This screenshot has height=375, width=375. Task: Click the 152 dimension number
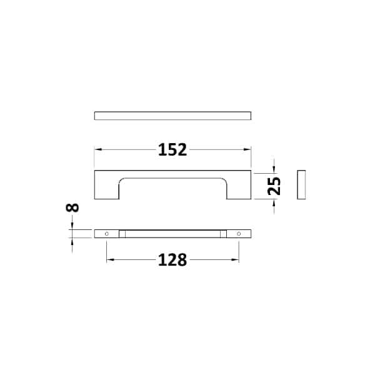[172, 150]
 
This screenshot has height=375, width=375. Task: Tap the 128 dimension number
[172, 260]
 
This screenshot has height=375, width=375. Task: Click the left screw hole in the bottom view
[107, 234]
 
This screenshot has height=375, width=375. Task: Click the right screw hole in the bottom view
[239, 234]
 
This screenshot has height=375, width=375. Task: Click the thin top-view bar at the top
[172, 116]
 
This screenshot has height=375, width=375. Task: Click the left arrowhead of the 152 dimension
[97, 150]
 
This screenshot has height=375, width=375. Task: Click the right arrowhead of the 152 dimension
[247, 150]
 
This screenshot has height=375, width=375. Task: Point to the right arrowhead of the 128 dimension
[236, 260]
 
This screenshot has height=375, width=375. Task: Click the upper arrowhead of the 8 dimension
[72, 226]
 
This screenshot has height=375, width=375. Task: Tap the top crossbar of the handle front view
[172, 173]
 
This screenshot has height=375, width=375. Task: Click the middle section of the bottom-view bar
[172, 234]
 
